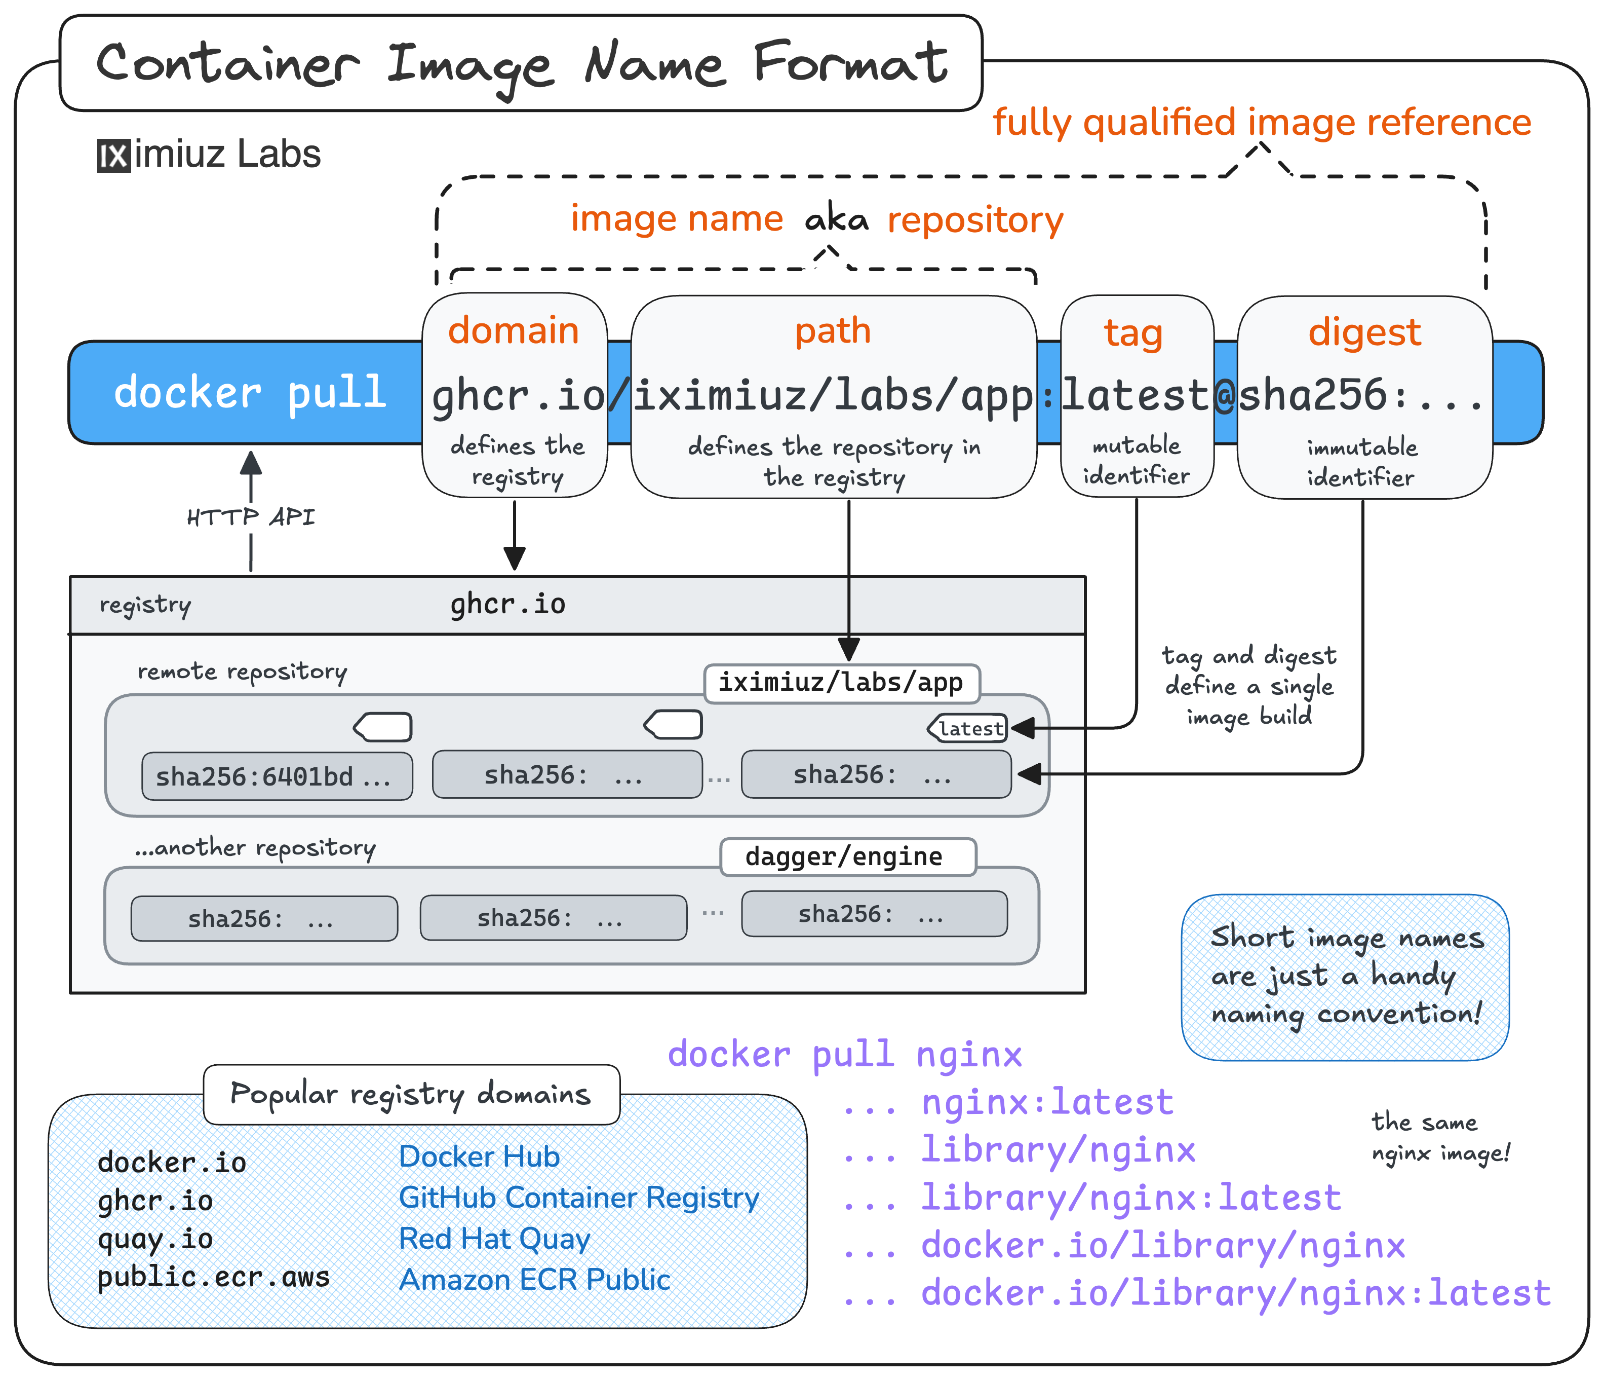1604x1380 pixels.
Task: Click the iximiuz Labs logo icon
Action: tap(114, 156)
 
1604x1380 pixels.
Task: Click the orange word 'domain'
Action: tap(513, 330)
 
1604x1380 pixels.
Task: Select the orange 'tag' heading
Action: tap(1133, 333)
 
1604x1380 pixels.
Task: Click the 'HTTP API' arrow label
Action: tap(251, 516)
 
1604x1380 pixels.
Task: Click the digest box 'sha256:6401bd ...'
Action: tap(277, 776)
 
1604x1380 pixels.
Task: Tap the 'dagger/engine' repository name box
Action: tap(845, 856)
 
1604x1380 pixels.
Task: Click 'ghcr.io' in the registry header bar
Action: tap(508, 604)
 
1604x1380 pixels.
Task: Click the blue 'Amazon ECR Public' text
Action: tap(534, 1279)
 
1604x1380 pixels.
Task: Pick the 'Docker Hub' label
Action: tap(479, 1156)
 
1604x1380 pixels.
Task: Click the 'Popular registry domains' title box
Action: tap(411, 1094)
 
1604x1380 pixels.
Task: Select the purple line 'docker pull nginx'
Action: tap(845, 1055)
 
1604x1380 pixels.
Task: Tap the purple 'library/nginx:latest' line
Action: tap(1130, 1198)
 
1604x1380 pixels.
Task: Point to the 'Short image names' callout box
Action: tap(1345, 977)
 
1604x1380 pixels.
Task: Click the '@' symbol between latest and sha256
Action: tap(1225, 396)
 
